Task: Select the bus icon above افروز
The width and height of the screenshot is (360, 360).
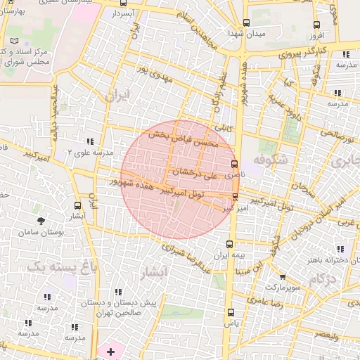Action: pos(315,24)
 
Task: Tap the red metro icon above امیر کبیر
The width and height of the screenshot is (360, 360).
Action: pos(234,197)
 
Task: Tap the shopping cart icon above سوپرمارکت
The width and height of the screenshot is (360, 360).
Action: pos(283,277)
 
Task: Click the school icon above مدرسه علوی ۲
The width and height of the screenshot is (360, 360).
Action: pos(89,141)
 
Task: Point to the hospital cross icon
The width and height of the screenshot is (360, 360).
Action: pos(110,349)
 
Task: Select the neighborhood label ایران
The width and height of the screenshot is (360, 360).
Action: pos(117,94)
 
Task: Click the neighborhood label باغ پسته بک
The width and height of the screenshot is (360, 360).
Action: pos(50,266)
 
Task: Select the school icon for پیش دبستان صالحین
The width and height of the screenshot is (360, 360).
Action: pos(118,292)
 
